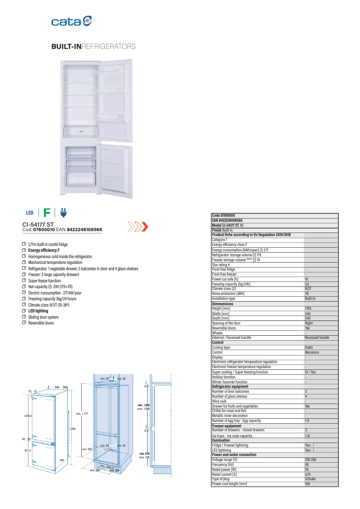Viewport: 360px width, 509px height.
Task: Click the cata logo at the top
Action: [x=72, y=21]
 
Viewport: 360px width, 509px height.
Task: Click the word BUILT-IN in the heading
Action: [x=66, y=47]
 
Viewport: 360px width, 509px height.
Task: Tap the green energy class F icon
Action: [x=47, y=213]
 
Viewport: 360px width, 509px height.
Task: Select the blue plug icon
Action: [x=63, y=212]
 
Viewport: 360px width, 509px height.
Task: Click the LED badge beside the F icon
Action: [x=30, y=213]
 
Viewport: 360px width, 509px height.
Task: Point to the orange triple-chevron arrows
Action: [x=138, y=227]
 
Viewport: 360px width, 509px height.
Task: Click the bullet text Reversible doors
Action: [x=41, y=323]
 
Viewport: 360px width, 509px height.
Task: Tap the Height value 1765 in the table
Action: [x=308, y=308]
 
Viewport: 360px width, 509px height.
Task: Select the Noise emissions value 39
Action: [x=307, y=294]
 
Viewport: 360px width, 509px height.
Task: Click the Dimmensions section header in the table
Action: [x=223, y=304]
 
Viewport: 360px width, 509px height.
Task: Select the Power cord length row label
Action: [x=229, y=483]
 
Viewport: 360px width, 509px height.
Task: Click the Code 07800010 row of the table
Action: [x=224, y=215]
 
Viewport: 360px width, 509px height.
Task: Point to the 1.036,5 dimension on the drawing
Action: [x=27, y=416]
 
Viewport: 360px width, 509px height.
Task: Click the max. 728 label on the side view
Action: [x=144, y=457]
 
